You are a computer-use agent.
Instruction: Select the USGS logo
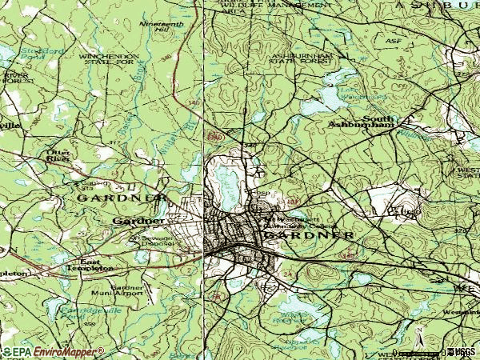pos(462,352)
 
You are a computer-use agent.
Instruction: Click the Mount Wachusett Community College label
pos(293,222)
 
